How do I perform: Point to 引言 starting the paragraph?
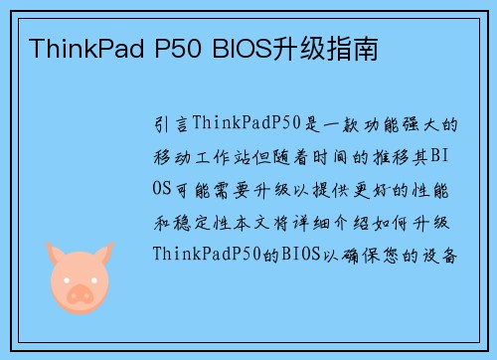[x=170, y=125]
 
